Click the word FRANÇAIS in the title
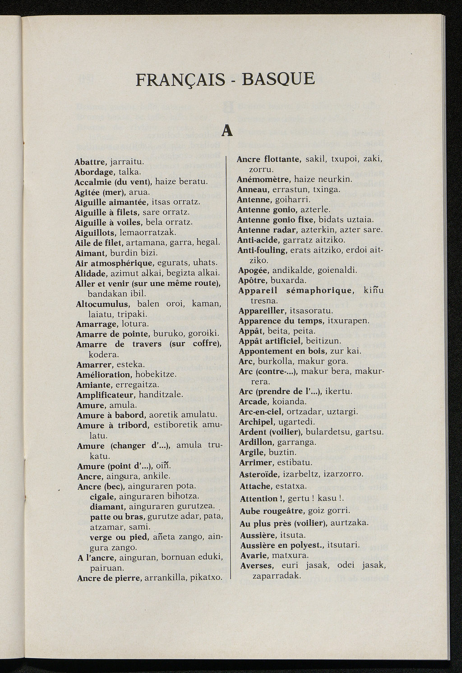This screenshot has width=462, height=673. point(180,79)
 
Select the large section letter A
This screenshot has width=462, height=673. point(227,130)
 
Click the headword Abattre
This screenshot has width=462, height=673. point(90,161)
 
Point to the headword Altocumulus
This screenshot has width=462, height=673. point(103,304)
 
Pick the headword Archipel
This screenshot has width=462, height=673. point(256,422)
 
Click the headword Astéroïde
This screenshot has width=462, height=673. point(259,474)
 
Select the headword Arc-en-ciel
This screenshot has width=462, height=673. point(260,412)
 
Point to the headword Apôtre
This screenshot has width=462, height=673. point(253,280)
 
